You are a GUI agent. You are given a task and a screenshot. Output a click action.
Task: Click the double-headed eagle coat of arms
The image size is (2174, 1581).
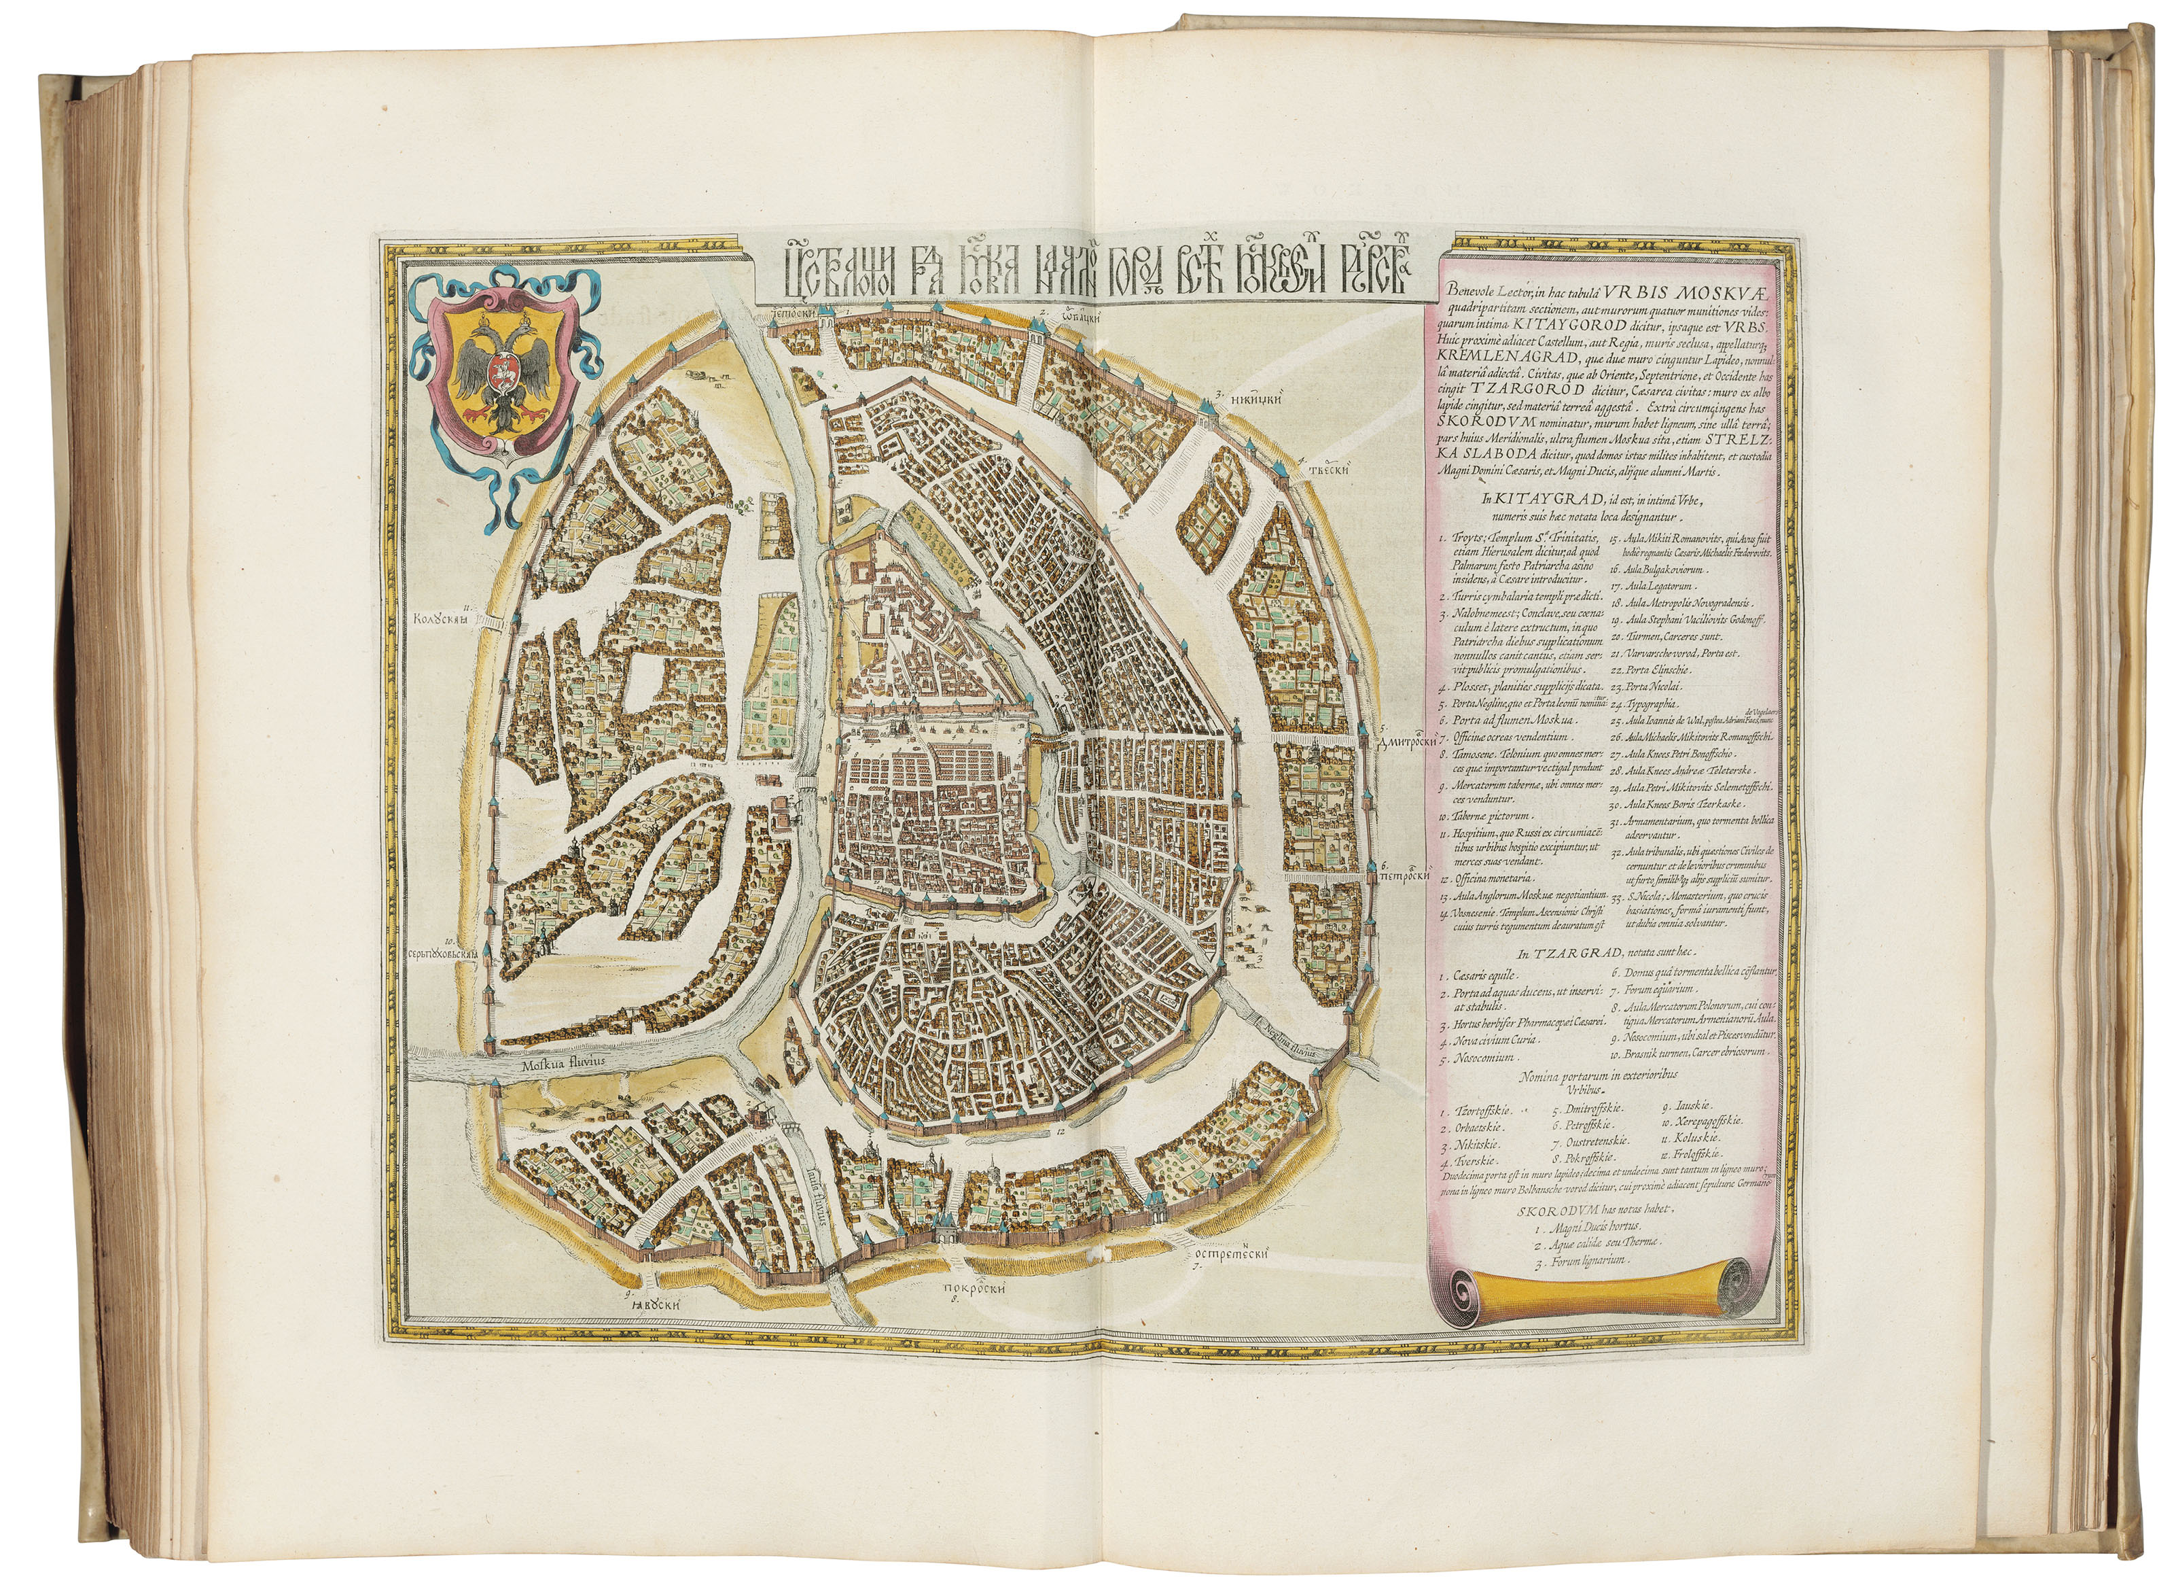click(x=495, y=388)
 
